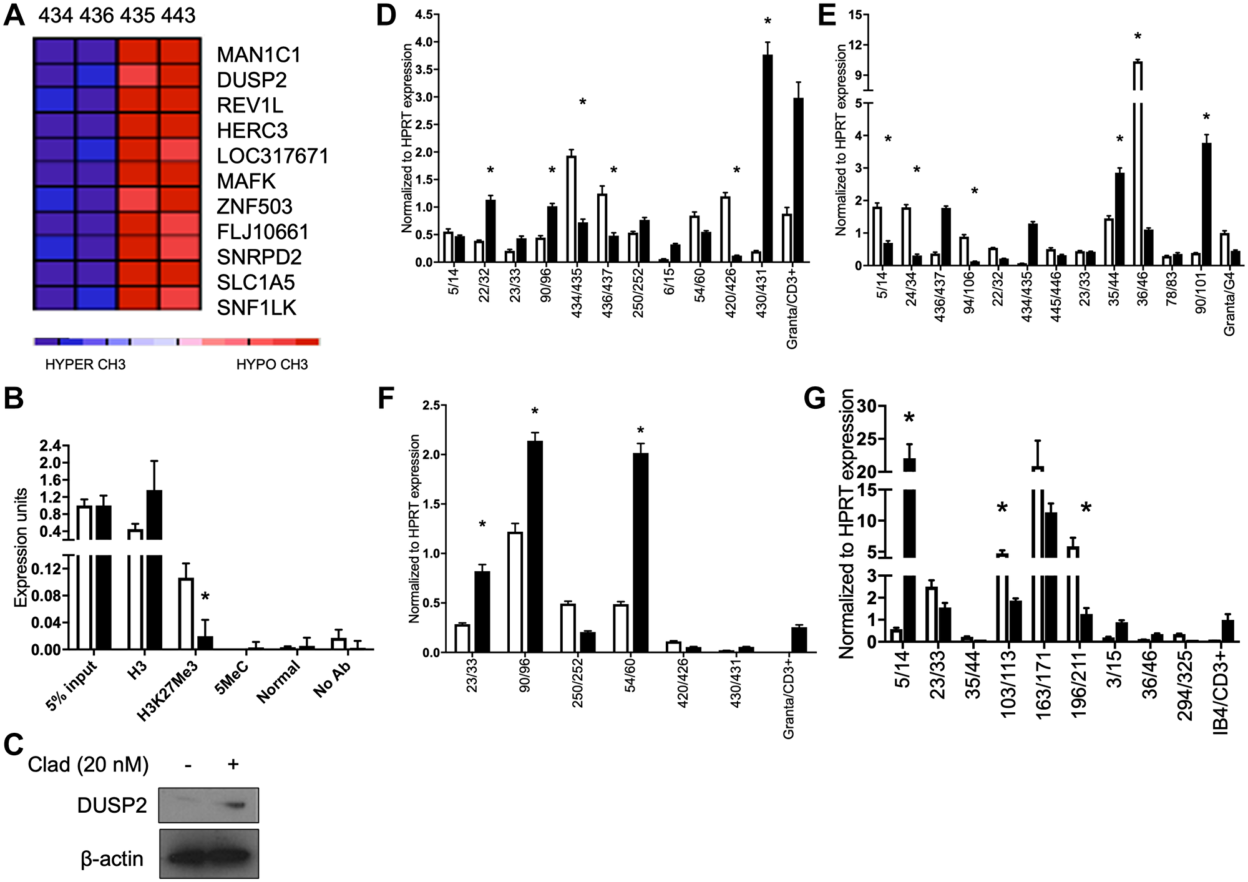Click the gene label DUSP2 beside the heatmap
[251, 80]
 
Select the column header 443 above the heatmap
[178, 15]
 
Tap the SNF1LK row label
[256, 308]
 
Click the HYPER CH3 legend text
[85, 365]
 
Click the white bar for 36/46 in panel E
[1138, 162]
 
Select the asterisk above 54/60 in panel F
[641, 431]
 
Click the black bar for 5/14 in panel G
[909, 549]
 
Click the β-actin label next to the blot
[112, 859]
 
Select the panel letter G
[815, 398]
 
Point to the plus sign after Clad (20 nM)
[233, 764]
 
